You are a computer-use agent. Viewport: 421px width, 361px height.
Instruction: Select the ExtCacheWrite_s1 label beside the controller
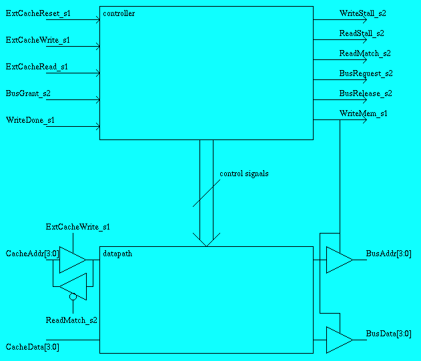coord(38,40)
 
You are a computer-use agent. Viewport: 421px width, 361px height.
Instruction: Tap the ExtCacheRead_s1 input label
coord(37,67)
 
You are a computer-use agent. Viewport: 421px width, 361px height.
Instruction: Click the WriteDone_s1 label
coord(31,120)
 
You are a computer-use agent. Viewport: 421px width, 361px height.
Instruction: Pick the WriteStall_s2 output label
coord(362,13)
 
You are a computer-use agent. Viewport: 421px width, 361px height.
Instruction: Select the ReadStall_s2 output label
coord(362,33)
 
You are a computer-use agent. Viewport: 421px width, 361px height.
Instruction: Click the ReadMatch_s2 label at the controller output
coord(364,53)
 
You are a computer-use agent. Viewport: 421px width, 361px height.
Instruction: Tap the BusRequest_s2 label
coord(366,73)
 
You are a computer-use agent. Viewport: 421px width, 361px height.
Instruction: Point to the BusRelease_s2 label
coord(365,93)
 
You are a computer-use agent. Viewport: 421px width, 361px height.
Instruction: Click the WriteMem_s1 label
coord(363,113)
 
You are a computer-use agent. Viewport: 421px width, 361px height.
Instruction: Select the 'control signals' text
coord(244,173)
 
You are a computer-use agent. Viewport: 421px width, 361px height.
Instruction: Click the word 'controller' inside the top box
coord(119,13)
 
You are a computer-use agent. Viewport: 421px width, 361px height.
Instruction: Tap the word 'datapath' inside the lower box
coord(117,254)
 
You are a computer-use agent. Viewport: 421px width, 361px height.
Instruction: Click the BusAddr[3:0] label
coord(388,254)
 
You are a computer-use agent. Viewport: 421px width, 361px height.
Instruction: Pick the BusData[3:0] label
coord(388,334)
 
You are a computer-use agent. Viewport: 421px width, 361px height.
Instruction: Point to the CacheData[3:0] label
coord(33,347)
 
